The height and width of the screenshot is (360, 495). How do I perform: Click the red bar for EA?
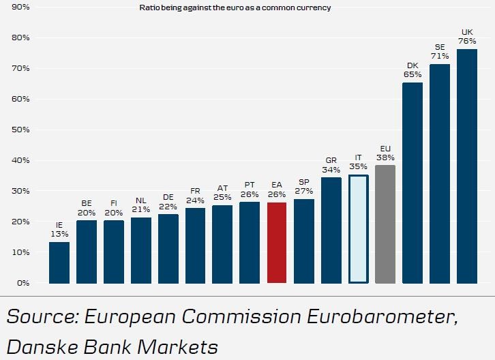276,243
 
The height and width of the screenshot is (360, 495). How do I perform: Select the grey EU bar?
385,224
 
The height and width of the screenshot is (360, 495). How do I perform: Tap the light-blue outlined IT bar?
358,228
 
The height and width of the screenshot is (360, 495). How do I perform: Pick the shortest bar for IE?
59,262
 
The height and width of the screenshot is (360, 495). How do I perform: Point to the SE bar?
440,173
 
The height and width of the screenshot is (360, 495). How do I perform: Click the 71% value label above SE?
440,56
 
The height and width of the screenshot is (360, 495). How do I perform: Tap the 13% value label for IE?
59,234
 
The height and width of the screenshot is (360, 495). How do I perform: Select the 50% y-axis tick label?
21,130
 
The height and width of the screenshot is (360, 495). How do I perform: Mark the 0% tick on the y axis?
23,283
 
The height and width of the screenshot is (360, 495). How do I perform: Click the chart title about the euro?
235,7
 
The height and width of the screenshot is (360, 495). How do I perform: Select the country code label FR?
195,192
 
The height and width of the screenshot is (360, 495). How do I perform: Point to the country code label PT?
250,185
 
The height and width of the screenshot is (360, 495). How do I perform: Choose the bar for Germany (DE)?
168,249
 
